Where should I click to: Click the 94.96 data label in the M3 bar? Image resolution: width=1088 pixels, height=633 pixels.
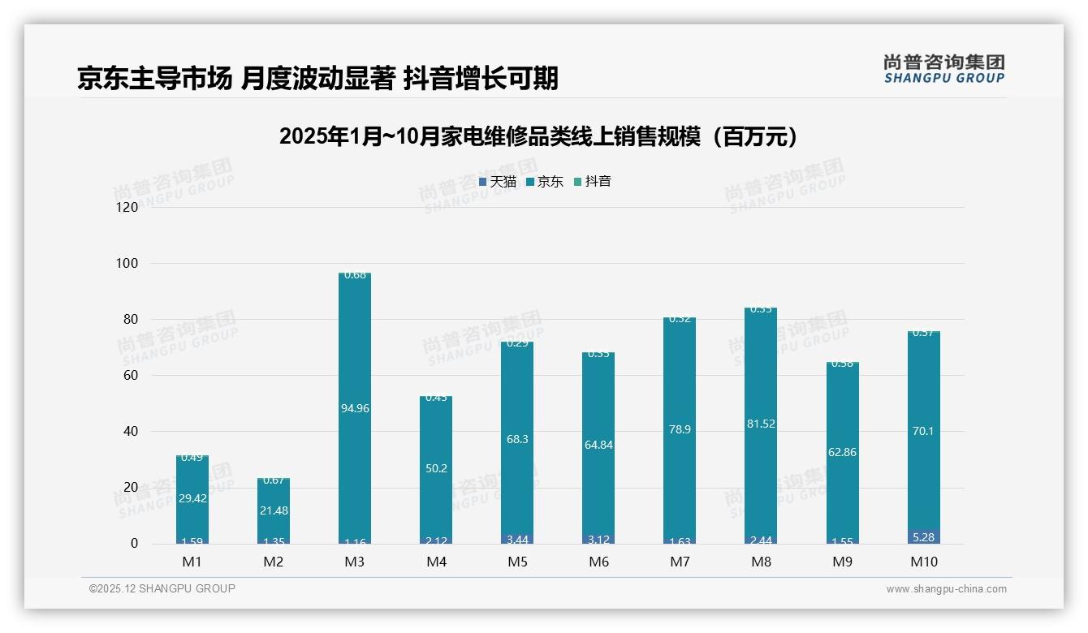pos(355,408)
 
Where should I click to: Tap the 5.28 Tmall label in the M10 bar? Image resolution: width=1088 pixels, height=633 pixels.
pos(923,537)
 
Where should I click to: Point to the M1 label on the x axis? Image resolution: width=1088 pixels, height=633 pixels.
pos(192,562)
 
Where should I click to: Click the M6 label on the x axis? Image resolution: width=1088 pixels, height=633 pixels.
pos(598,562)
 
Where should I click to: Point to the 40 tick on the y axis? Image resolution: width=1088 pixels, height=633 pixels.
pos(129,432)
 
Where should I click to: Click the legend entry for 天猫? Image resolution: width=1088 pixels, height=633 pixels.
pos(498,182)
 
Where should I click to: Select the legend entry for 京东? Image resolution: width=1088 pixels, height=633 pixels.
pos(545,182)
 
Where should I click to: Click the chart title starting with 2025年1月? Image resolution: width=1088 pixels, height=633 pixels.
pos(538,136)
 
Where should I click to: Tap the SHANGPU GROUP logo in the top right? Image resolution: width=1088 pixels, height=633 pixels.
pos(943,69)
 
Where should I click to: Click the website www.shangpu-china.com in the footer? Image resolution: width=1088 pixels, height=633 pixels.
pos(946,589)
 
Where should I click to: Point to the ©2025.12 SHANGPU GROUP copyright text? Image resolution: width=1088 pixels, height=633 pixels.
pos(162,589)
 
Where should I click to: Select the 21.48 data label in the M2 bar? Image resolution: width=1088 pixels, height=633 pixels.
pos(274,510)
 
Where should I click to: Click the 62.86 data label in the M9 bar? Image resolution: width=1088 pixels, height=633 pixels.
pos(842,452)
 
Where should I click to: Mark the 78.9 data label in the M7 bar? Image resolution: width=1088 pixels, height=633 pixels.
pos(680,429)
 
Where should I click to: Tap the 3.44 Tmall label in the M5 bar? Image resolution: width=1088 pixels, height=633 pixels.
pos(517,539)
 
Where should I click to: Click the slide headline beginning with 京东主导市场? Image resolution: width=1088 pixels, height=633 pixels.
pos(317,78)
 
